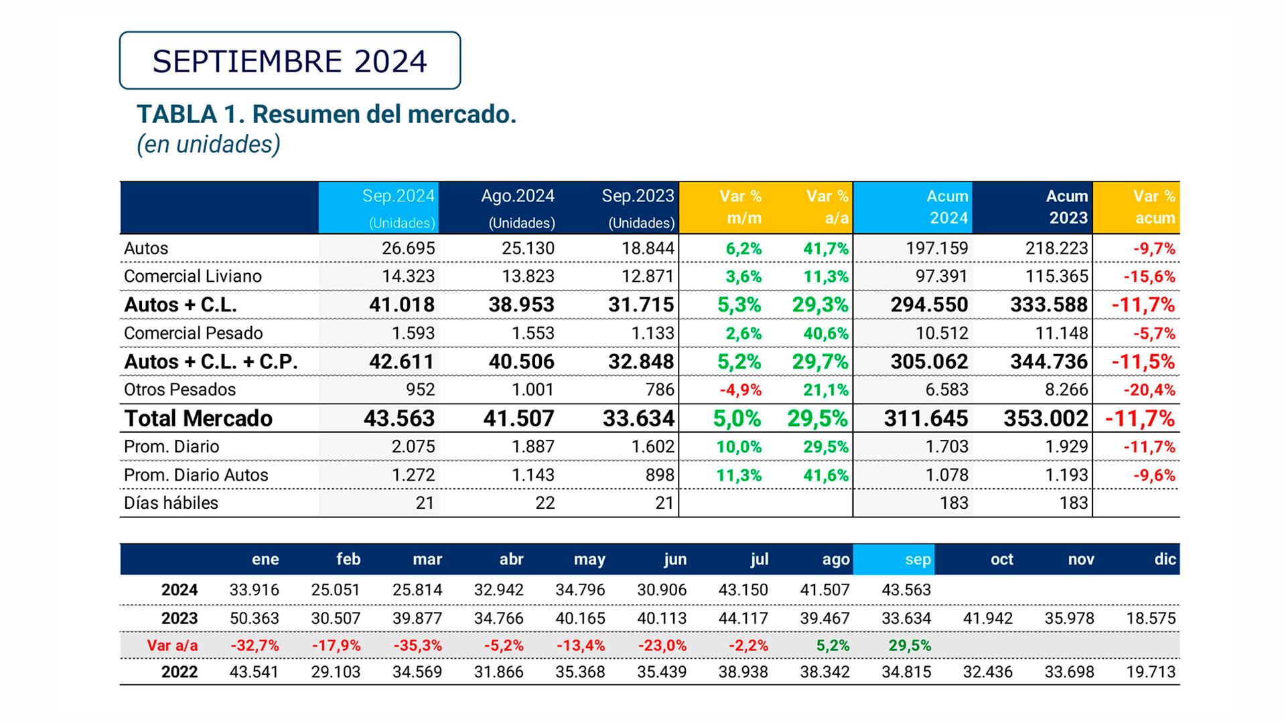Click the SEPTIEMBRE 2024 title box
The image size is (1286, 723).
pos(289,61)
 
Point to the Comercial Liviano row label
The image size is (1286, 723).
pos(192,276)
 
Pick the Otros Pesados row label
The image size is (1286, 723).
pos(180,390)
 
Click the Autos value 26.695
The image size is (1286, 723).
pos(408,248)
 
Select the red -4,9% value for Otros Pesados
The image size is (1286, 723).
pos(740,390)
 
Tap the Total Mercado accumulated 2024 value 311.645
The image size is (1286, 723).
pos(926,418)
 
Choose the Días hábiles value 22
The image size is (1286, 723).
pos(545,503)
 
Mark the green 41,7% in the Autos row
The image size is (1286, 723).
pos(826,249)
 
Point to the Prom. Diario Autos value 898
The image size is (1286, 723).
pos(660,475)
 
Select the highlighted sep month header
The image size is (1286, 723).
pos(917,560)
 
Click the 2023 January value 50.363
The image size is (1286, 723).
pos(254,618)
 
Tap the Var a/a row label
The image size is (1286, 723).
pos(172,646)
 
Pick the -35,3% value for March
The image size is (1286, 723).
pos(417,646)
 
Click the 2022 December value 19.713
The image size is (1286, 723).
pos(1151,672)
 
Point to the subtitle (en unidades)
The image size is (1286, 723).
pos(208,144)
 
